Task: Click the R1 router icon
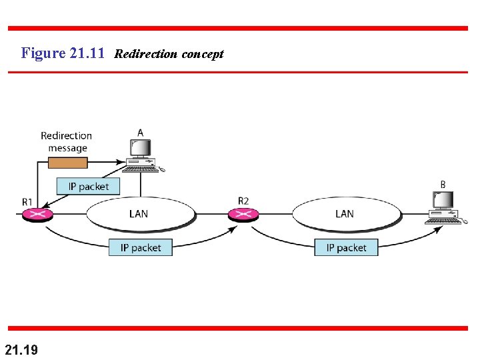coord(37,214)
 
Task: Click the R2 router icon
coord(243,214)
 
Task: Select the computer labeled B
coord(445,207)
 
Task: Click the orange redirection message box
coord(68,163)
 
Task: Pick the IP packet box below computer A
coord(88,186)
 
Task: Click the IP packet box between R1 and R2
coord(141,247)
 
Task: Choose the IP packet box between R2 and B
coord(346,247)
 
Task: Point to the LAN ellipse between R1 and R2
coord(139,213)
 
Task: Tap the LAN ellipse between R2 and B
coord(345,213)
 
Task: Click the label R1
coord(27,201)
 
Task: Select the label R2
coord(243,201)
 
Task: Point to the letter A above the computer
coord(140,133)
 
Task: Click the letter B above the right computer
coord(443,184)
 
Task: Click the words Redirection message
coord(67,141)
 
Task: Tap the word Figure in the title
coord(43,53)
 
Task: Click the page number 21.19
coord(21,349)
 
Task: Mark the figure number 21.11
coord(87,53)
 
